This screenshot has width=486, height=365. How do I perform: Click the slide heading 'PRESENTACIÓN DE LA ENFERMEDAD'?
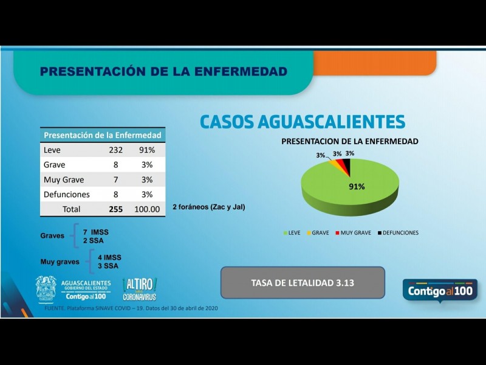pyautogui.click(x=163, y=72)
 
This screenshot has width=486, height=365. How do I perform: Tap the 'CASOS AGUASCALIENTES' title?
pyautogui.click(x=302, y=121)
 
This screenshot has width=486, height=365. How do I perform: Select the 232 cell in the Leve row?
pyautogui.click(x=115, y=150)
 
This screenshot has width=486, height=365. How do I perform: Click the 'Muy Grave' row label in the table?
pyautogui.click(x=64, y=180)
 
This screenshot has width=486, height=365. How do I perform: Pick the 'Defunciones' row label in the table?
pyautogui.click(x=67, y=195)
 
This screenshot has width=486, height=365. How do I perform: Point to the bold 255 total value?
pyautogui.click(x=115, y=209)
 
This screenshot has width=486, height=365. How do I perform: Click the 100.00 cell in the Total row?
pyautogui.click(x=147, y=209)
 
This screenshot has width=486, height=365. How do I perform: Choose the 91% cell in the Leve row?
pyautogui.click(x=147, y=150)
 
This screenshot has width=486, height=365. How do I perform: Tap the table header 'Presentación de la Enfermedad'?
pyautogui.click(x=103, y=134)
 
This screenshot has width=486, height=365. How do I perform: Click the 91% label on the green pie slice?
pyautogui.click(x=357, y=186)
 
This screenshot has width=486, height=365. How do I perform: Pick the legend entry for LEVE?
pyautogui.click(x=292, y=232)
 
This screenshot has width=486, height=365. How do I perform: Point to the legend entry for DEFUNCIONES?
pyautogui.click(x=397, y=232)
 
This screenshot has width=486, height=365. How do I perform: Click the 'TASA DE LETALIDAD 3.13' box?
pyautogui.click(x=303, y=282)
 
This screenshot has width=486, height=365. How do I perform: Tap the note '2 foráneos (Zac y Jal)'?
pyautogui.click(x=208, y=207)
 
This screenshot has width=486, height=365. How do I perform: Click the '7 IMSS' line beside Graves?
pyautogui.click(x=96, y=232)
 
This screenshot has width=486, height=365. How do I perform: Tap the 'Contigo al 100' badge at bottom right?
pyautogui.click(x=440, y=291)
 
